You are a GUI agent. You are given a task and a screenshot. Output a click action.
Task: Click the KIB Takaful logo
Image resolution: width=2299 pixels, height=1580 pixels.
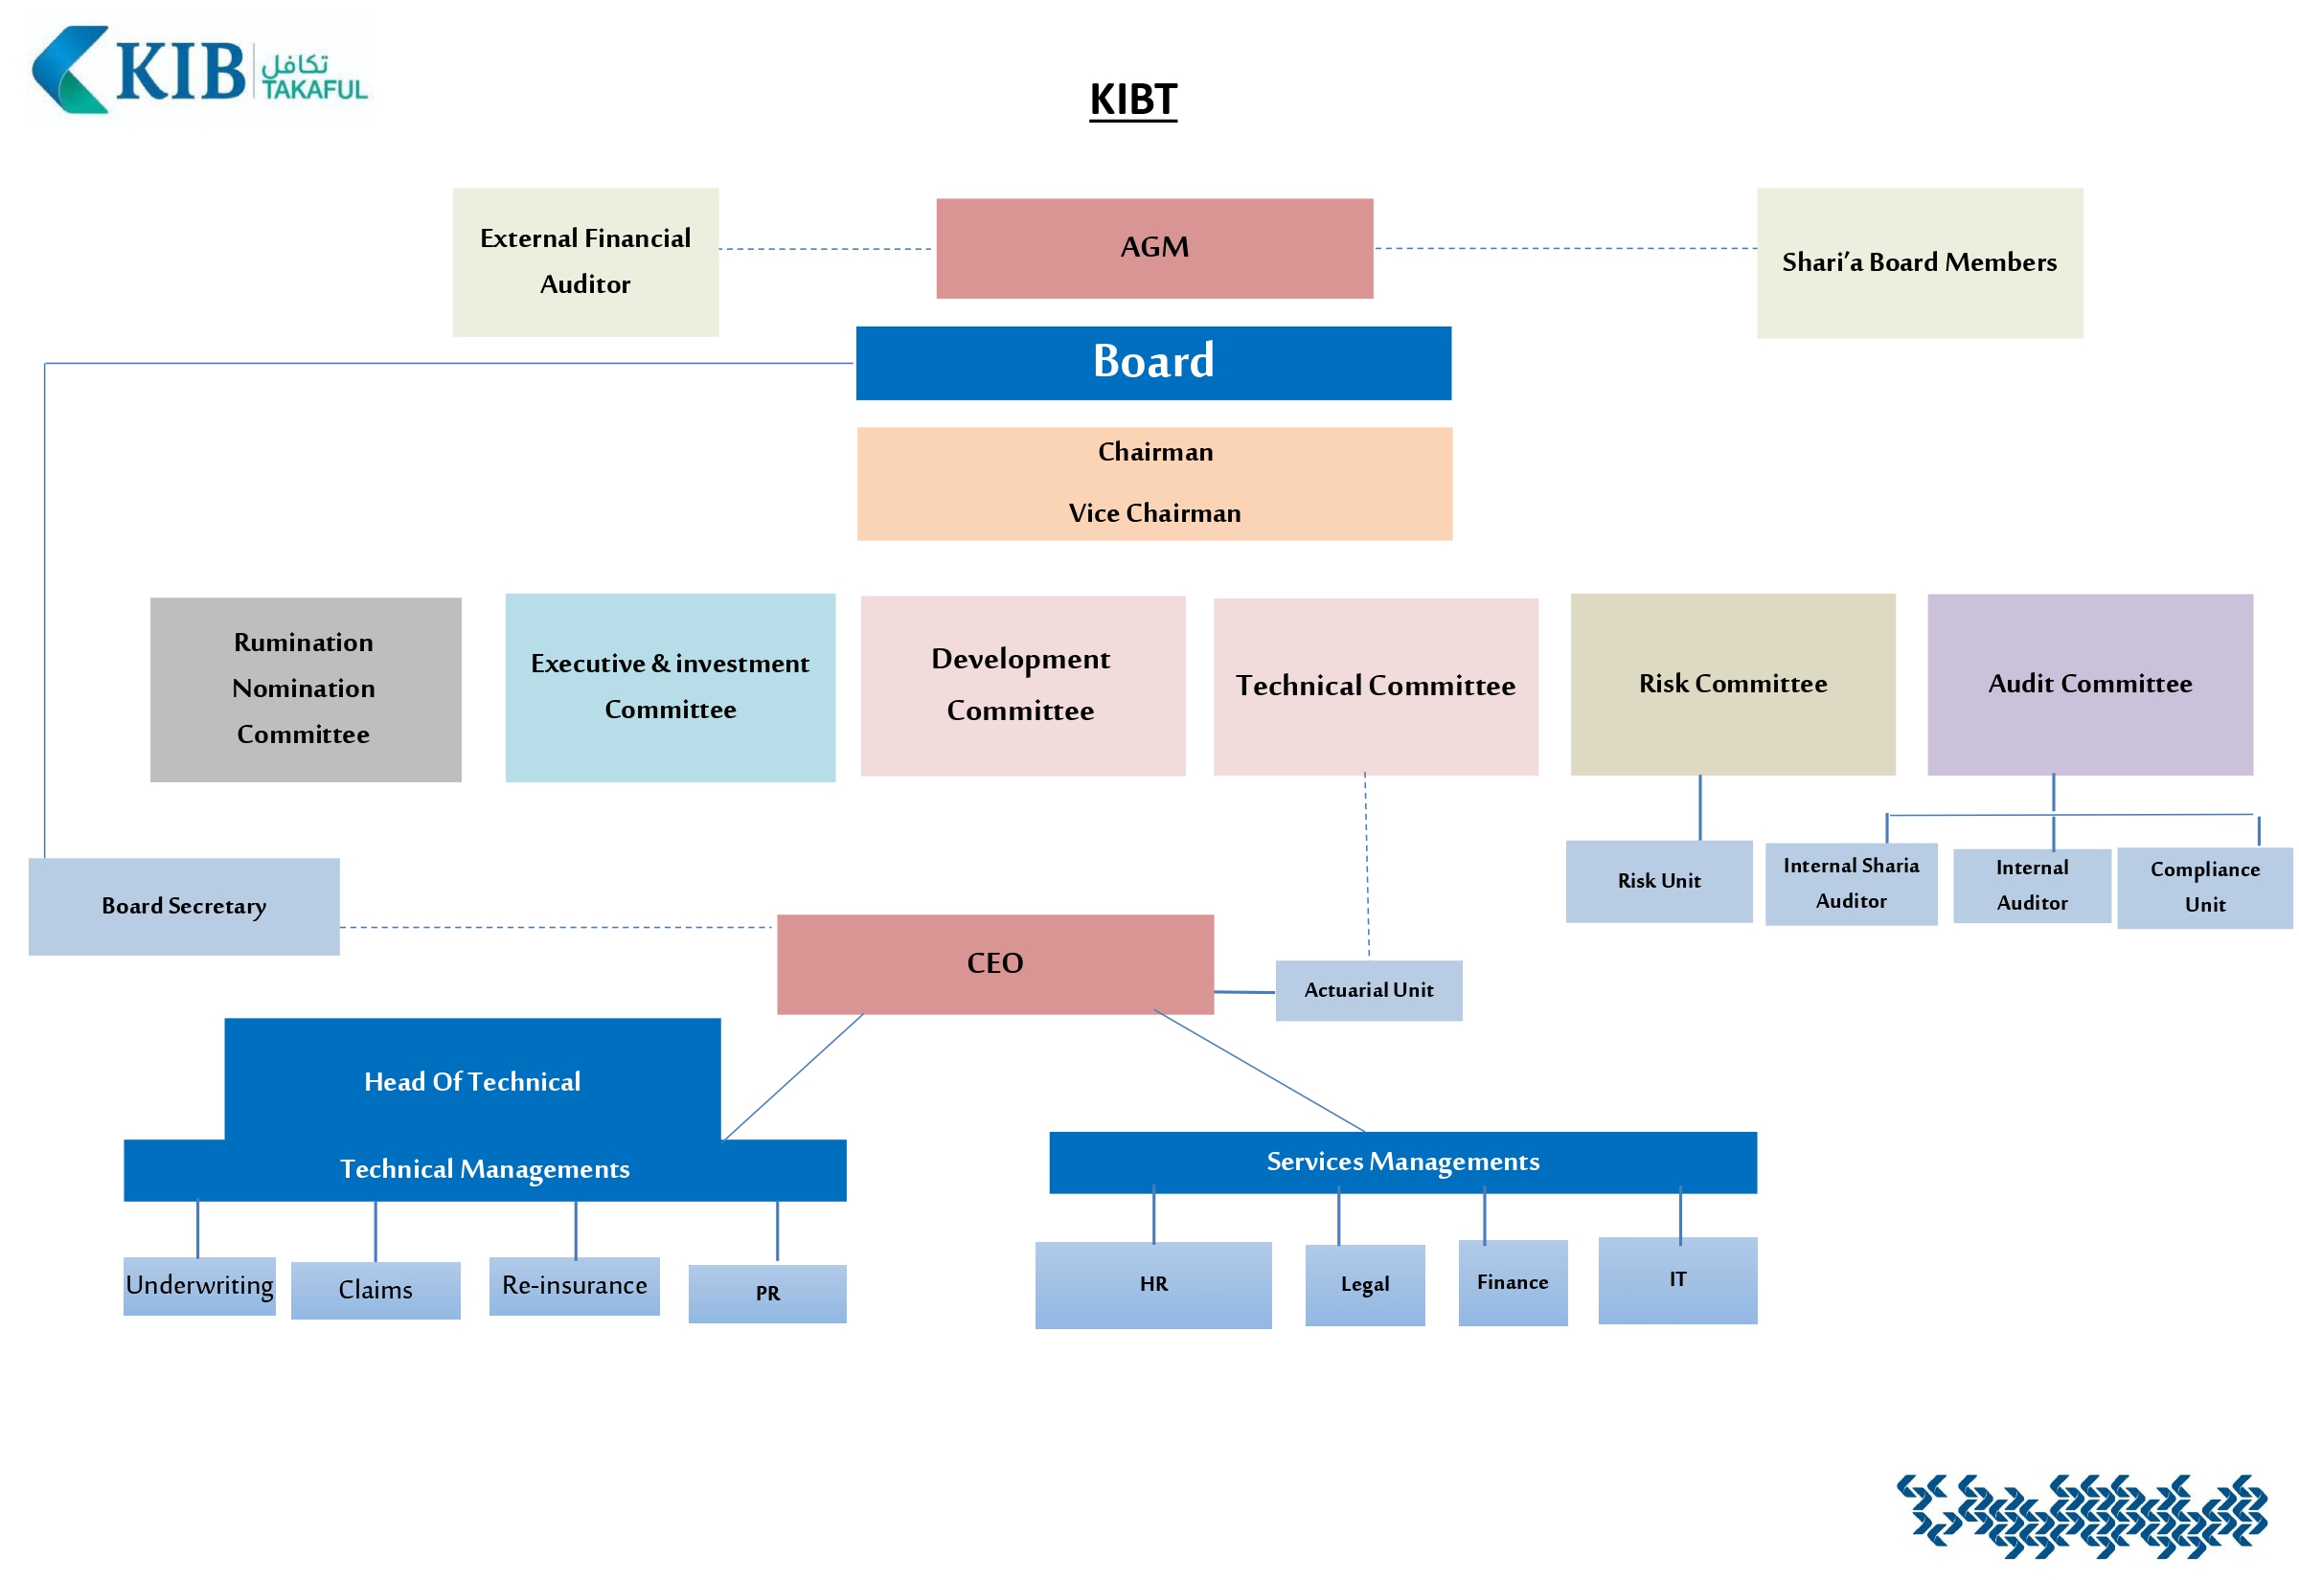tap(199, 71)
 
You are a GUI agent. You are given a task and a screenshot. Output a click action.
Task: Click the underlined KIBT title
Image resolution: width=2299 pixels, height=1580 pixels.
tap(1132, 99)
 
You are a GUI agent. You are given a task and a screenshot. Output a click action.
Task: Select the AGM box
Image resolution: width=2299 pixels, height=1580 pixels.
tap(1153, 247)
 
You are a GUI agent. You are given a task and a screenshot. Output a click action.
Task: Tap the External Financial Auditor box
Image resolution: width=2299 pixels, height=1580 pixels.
tap(585, 262)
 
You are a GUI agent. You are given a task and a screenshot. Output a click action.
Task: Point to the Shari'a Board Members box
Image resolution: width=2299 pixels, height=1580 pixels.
tap(1918, 262)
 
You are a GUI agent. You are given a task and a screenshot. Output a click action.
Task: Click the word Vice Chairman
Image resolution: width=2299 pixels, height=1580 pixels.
tap(1153, 513)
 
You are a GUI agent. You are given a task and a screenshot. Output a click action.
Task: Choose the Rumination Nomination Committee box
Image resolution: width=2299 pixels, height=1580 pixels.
tap(305, 689)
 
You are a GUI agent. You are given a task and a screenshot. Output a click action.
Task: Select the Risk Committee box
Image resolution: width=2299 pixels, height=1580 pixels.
tap(1732, 684)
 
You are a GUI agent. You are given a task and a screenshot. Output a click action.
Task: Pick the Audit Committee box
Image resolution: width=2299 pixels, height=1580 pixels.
tap(2089, 684)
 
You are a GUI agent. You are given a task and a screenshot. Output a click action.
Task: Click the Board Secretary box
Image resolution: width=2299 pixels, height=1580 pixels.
tap(184, 906)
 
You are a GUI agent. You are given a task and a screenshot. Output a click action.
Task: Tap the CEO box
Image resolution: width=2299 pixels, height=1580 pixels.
tap(994, 963)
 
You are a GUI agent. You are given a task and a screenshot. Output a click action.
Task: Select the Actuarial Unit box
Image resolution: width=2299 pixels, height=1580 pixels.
tap(1367, 990)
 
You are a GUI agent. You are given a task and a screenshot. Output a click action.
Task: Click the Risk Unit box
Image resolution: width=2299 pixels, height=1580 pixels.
tap(1658, 881)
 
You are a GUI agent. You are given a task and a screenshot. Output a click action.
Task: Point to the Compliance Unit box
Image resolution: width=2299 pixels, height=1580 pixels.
tap(2204, 887)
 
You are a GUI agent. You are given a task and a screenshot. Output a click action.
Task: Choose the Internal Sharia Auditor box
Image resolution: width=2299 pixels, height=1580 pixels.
tap(1850, 883)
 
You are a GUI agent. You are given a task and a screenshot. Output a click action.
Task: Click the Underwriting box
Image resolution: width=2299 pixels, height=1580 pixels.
tap(199, 1285)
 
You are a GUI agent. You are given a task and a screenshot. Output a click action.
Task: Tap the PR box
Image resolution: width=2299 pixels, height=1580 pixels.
tap(766, 1293)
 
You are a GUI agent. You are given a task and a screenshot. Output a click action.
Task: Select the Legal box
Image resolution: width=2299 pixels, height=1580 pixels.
tap(1363, 1284)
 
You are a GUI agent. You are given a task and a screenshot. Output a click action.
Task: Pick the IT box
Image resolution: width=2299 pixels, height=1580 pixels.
tap(1676, 1279)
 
